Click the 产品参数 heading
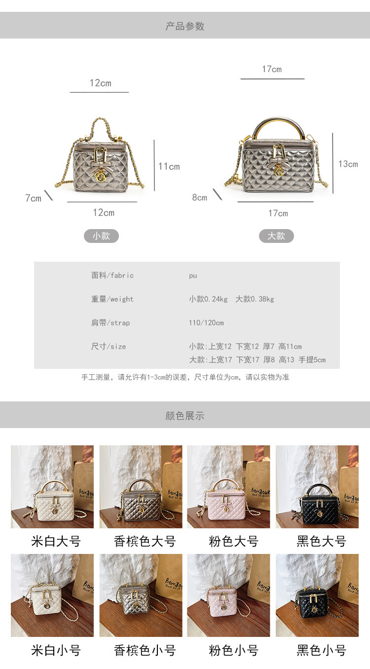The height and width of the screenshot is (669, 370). click(x=185, y=26)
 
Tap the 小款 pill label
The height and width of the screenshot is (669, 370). click(x=101, y=236)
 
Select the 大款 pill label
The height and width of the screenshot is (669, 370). click(x=276, y=236)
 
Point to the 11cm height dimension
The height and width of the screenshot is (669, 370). click(x=169, y=166)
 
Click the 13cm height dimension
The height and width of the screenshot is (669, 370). click(x=348, y=164)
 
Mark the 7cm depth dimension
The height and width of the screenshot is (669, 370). click(x=33, y=198)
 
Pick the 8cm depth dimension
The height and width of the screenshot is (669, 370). click(x=200, y=197)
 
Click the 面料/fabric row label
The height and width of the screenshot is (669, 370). click(x=112, y=275)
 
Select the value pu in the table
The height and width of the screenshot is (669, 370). click(x=193, y=275)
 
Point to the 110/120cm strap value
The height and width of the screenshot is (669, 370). click(x=206, y=323)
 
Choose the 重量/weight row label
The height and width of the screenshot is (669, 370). click(x=112, y=299)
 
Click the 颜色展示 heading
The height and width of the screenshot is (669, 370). click(x=185, y=415)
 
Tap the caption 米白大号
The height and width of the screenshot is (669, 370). click(x=56, y=541)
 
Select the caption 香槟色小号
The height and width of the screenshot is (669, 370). click(x=145, y=650)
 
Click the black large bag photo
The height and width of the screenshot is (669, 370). click(x=317, y=487)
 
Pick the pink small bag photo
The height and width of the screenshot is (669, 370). click(x=228, y=595)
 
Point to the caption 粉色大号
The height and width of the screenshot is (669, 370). click(x=233, y=541)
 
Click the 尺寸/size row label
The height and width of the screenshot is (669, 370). click(x=109, y=347)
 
